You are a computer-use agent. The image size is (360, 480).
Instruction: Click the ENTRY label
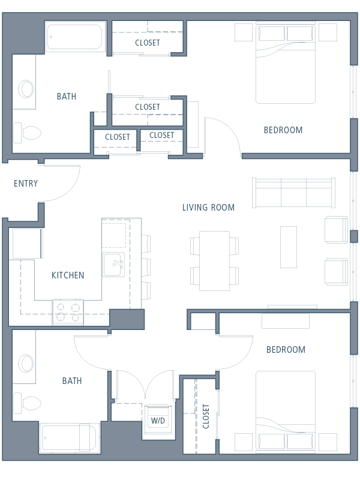coord(26,184)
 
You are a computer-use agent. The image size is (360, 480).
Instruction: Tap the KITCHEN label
coord(68,275)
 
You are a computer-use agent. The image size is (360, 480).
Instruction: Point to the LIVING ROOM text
coord(208,208)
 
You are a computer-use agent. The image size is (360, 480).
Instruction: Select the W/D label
coord(158,421)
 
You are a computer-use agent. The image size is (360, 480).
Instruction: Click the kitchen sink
coord(113,265)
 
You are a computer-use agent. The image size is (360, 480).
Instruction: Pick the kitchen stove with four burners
coord(68,312)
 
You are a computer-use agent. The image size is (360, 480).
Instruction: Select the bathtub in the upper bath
coord(74,37)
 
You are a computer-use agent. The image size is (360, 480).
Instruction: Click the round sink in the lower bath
coord(26,364)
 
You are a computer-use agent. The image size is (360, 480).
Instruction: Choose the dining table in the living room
coord(214,261)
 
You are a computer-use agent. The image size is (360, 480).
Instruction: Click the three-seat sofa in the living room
coord(293,193)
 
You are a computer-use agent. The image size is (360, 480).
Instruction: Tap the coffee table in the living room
coord(289,247)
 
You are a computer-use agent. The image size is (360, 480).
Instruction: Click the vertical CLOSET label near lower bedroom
coord(206,416)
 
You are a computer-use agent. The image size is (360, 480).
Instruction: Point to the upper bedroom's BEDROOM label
coord(283,130)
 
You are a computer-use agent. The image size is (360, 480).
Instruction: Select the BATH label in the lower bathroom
coord(72,381)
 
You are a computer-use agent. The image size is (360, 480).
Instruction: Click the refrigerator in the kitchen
coord(26,244)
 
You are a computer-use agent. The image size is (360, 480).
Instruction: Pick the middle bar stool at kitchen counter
coord(146,268)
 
